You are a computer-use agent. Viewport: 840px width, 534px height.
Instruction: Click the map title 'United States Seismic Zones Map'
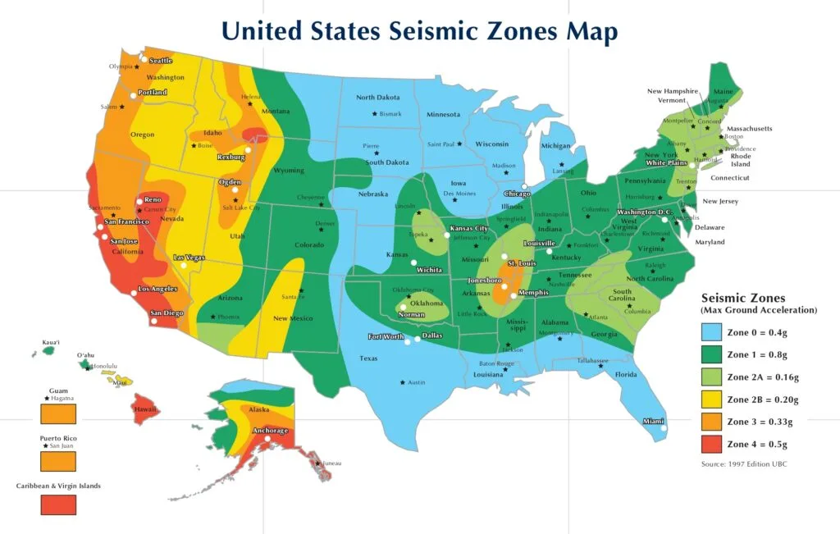[x=420, y=31]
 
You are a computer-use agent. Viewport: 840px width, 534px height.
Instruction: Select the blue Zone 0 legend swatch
[x=711, y=332]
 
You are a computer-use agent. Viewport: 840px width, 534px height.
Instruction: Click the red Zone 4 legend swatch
[x=711, y=444]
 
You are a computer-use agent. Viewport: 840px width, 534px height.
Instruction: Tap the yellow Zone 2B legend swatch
[x=711, y=399]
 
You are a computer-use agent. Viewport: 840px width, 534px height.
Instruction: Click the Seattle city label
[x=160, y=61]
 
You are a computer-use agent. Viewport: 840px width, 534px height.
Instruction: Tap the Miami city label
[x=653, y=421]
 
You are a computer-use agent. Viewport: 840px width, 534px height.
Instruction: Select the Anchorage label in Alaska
[x=270, y=431]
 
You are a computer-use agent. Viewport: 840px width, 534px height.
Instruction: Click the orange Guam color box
[x=58, y=412]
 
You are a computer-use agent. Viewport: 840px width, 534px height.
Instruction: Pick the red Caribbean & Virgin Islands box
[x=58, y=504]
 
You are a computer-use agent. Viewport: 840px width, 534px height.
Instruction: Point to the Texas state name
[x=368, y=358]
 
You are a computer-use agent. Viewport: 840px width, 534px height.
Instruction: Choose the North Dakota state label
[x=377, y=98]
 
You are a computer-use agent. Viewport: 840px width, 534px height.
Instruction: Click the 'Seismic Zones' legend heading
[x=743, y=299]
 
